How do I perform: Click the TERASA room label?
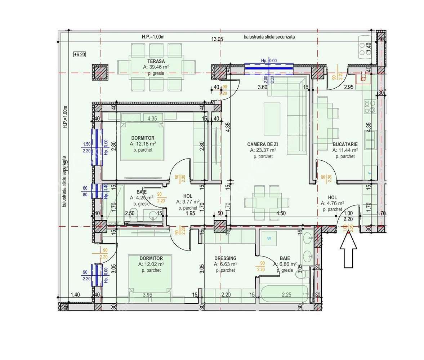click(x=156, y=61)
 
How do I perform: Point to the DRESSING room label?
click(x=225, y=258)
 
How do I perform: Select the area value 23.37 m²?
click(x=263, y=150)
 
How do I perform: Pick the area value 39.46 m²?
click(x=156, y=67)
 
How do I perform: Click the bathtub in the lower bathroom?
click(x=285, y=294)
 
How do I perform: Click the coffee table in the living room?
click(x=272, y=118)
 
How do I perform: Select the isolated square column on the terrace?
click(x=101, y=72)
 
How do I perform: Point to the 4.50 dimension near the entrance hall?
click(x=281, y=213)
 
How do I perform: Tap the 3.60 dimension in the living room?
click(x=262, y=87)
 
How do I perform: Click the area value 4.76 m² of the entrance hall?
click(x=332, y=203)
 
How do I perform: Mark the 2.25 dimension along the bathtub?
click(x=286, y=295)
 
